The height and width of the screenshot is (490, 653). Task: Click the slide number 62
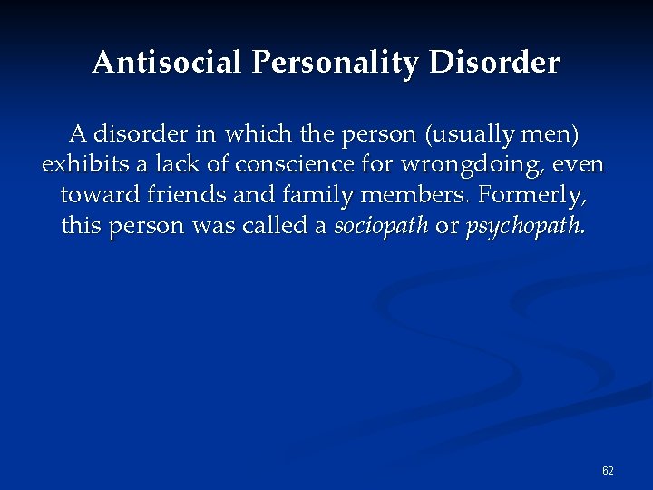pos(608,471)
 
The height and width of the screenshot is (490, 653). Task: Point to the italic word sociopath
pos(381,226)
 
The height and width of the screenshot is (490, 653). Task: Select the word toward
pos(94,196)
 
